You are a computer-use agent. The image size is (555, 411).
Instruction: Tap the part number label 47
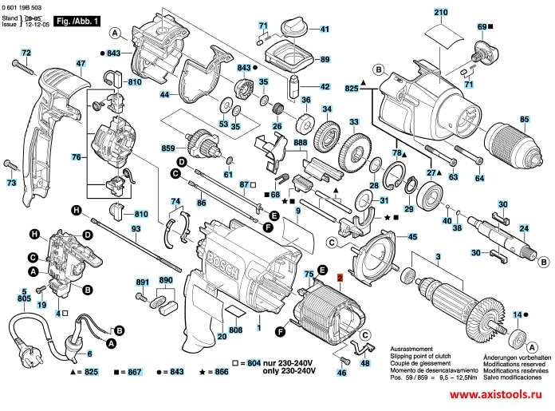point(81,64)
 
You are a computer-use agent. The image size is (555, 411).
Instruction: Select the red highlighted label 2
point(339,279)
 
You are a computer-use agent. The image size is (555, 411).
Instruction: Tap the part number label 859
point(168,148)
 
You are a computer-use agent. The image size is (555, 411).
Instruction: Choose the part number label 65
point(525,120)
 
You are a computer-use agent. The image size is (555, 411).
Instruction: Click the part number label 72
point(26,53)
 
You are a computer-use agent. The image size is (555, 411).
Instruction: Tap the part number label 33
point(353,121)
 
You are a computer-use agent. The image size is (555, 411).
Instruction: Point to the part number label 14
point(518,314)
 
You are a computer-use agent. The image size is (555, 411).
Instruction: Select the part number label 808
point(236,330)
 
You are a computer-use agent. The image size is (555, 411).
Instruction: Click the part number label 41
point(325,30)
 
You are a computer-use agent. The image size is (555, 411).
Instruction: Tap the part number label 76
point(76,157)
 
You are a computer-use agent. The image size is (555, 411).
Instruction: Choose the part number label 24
point(523,229)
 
